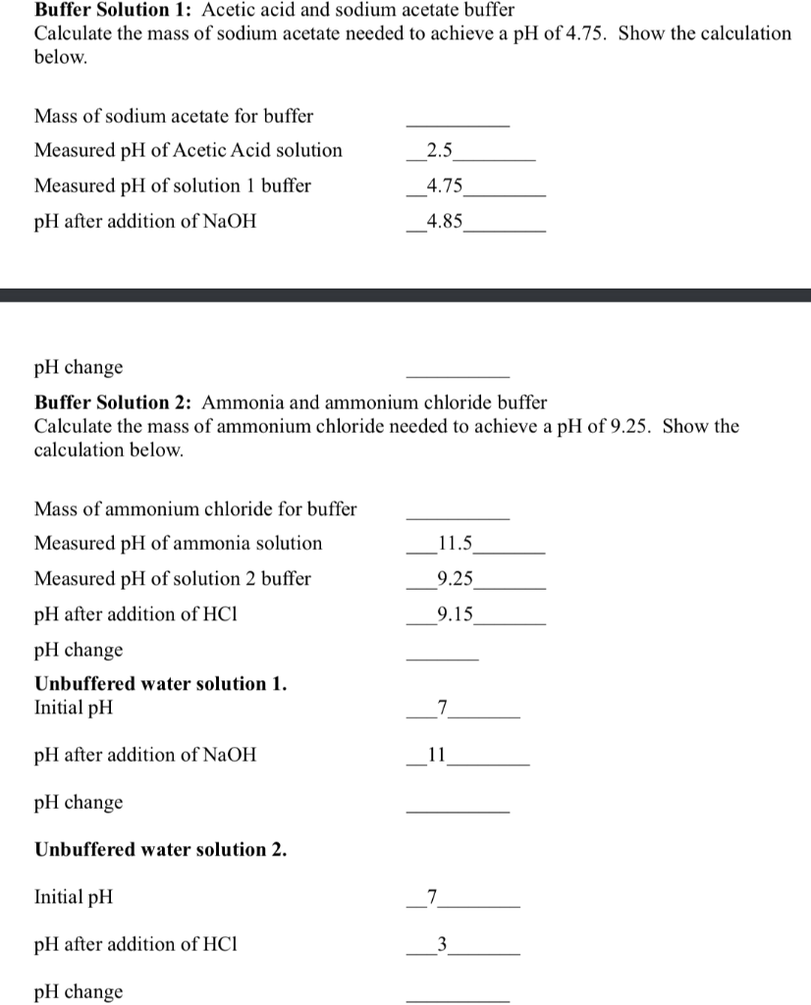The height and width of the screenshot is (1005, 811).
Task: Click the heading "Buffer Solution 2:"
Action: pos(115,402)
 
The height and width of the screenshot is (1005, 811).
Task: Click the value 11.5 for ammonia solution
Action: pos(455,544)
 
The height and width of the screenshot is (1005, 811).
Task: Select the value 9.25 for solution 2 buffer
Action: pos(455,579)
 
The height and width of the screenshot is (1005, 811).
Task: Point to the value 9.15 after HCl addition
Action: pos(455,614)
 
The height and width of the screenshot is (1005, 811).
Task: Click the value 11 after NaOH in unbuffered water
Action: pos(438,756)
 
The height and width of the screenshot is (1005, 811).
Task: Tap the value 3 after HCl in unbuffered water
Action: pos(442,944)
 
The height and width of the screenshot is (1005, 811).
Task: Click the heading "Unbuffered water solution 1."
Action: pos(161,684)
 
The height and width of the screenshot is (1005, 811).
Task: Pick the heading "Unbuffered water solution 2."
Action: pos(161,850)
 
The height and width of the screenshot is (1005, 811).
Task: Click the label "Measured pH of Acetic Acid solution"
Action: pos(189,151)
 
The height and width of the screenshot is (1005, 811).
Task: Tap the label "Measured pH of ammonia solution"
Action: pos(178,544)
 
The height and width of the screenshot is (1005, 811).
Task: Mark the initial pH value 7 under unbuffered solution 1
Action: pos(442,708)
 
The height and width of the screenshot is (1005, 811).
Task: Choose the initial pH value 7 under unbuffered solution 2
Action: pos(442,897)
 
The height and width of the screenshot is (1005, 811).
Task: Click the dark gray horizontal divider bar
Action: pos(405,294)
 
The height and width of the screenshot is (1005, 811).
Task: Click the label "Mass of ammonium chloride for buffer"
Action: pos(195,509)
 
